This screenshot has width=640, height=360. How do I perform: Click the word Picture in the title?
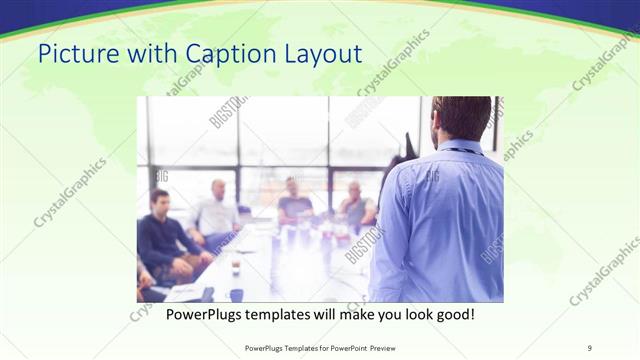74,52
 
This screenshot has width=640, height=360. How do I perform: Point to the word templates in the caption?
298,315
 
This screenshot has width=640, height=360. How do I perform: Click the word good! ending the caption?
451,315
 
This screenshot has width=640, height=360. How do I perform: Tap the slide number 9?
589,347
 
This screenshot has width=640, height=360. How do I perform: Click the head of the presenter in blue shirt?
462,118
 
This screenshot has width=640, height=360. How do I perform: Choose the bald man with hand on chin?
355,204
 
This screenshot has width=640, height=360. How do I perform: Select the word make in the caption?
348,315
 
